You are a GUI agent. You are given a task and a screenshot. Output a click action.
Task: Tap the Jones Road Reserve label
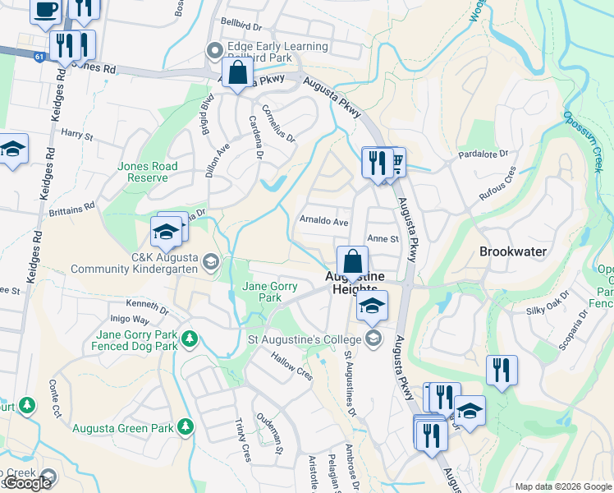pos(148,172)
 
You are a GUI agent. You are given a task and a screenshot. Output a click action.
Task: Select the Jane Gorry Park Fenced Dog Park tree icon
pos(190,338)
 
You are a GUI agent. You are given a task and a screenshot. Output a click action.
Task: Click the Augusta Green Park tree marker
pos(186,426)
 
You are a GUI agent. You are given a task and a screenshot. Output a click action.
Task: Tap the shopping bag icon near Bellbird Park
pos(237,71)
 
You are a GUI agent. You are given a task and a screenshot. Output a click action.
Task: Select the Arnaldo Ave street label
pos(324,222)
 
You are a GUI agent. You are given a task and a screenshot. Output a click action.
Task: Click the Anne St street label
pos(383,239)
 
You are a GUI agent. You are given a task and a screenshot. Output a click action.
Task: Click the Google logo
pos(27,483)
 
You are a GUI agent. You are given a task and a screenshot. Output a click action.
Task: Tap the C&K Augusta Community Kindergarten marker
pos(210,261)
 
